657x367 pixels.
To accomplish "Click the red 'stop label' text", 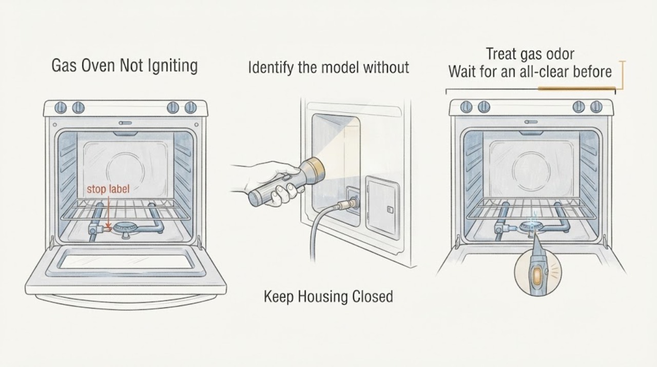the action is click(x=108, y=189).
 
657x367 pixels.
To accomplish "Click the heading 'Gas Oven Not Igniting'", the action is click(x=125, y=65).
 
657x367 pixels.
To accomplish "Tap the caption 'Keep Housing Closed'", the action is click(x=328, y=296).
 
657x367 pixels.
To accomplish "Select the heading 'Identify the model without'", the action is click(x=328, y=67).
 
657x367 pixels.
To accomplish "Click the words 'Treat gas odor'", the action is click(x=530, y=54).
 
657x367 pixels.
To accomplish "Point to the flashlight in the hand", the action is click(x=286, y=182).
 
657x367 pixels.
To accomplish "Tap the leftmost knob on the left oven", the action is click(x=61, y=108).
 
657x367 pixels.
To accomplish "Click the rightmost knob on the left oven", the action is click(x=190, y=108).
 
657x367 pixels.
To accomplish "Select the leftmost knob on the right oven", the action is click(x=466, y=107).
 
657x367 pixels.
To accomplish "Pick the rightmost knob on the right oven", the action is click(x=596, y=107).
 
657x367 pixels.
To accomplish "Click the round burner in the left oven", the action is click(x=125, y=228).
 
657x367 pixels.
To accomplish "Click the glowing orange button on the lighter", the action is click(x=537, y=276).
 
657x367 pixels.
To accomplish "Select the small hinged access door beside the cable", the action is click(x=382, y=207).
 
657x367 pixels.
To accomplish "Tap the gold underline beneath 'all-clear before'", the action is click(x=576, y=88).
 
